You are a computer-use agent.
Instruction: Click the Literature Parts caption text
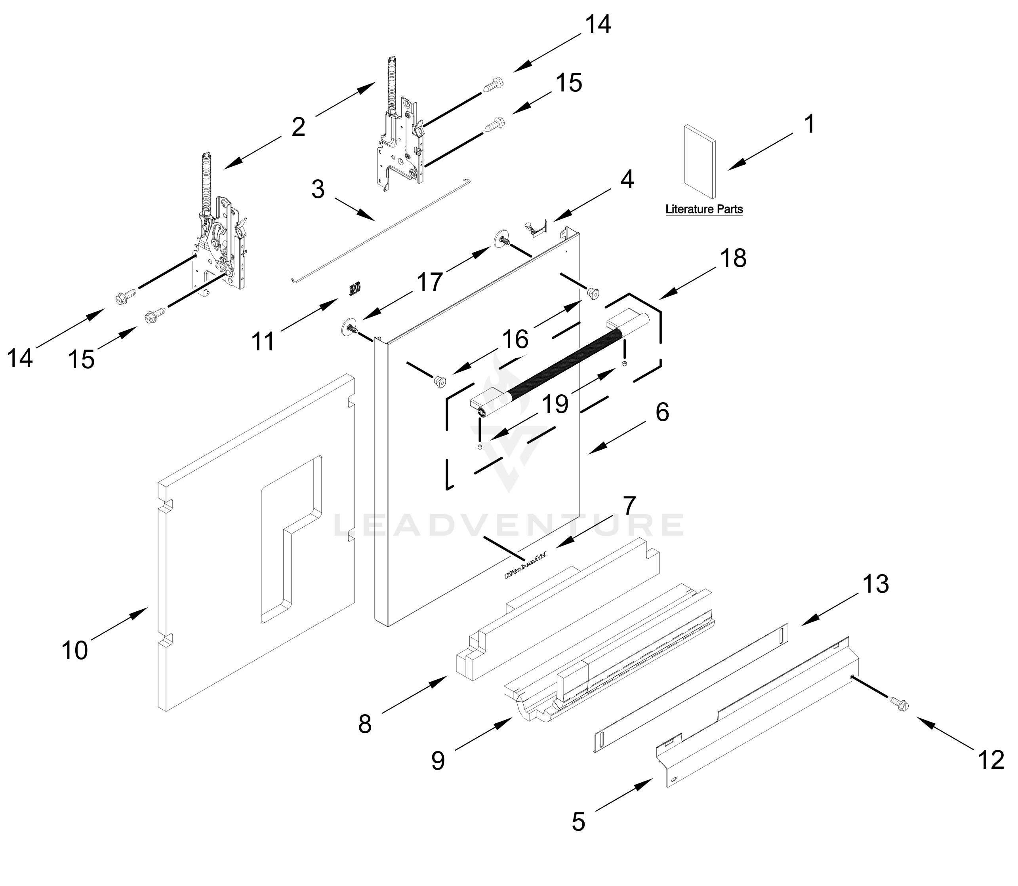point(704,209)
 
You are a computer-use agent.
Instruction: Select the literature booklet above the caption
point(699,162)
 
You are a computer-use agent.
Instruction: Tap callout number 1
point(809,124)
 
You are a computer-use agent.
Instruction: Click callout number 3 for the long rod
point(318,189)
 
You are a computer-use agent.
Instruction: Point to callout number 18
point(733,258)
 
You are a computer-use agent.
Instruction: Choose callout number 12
point(991,760)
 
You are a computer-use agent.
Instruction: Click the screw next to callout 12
point(899,703)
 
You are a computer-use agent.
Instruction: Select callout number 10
point(75,650)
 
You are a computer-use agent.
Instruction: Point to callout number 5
point(578,822)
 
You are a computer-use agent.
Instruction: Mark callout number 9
point(438,761)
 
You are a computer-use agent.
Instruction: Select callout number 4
point(627,179)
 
